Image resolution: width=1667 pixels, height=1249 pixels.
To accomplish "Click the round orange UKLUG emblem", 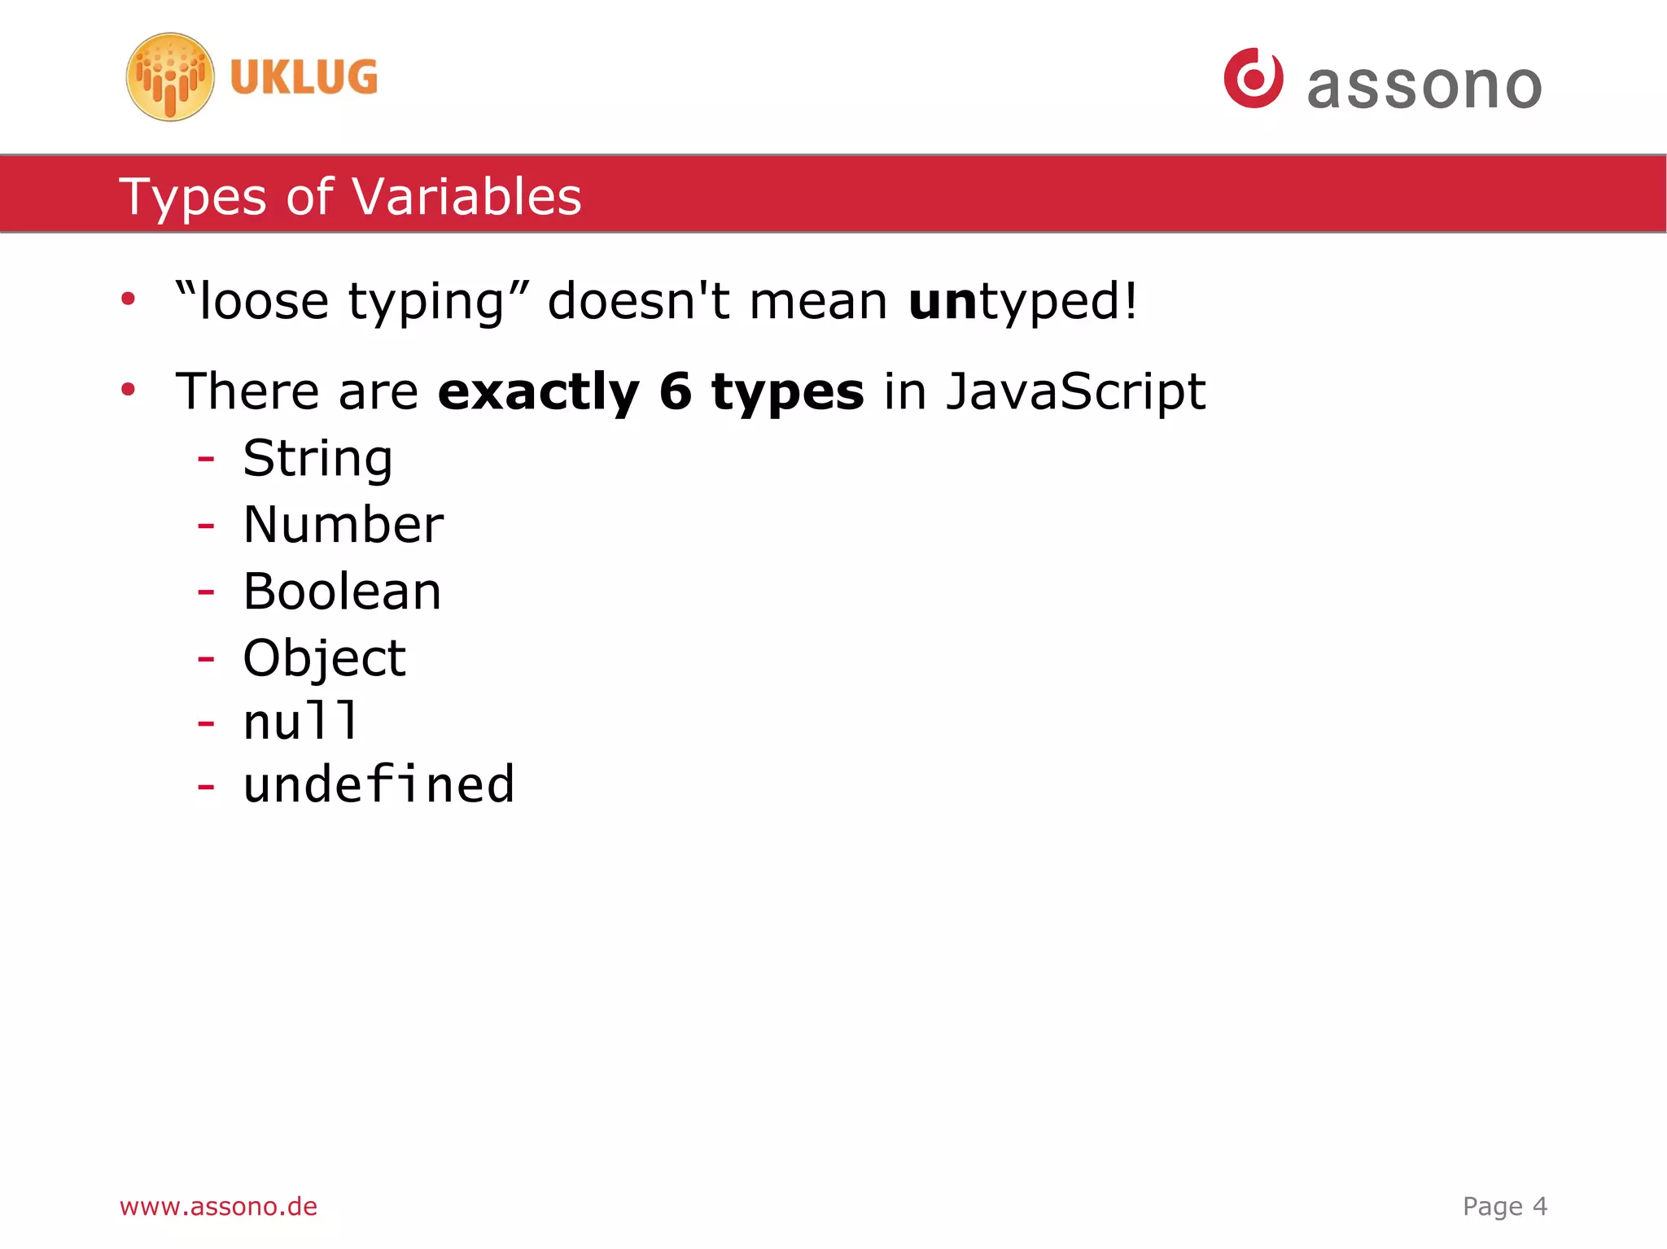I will [170, 77].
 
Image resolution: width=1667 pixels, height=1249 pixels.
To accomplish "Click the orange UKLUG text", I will [304, 77].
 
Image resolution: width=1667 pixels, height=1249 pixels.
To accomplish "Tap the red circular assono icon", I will [1254, 78].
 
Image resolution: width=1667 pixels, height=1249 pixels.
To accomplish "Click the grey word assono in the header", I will [1424, 86].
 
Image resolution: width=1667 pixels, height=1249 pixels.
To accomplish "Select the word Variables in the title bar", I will [466, 197].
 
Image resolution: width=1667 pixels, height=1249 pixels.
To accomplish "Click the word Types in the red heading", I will [193, 197].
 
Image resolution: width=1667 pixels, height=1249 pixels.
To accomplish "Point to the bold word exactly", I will [538, 391].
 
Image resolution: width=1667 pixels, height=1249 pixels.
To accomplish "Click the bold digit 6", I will [676, 391].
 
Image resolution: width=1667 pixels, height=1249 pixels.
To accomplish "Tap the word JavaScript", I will [1075, 391].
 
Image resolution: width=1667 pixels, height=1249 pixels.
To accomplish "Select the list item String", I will [317, 458].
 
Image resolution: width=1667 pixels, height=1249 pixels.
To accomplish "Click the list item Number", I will [343, 525].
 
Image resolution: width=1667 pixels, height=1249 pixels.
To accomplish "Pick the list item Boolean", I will [342, 592].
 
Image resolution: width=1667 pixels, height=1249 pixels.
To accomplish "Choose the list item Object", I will [324, 657].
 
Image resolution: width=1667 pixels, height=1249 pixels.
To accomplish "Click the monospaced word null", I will [300, 722].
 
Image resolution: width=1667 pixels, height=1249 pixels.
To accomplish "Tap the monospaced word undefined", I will [378, 785].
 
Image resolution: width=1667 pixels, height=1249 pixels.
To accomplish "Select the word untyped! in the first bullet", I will [1022, 301].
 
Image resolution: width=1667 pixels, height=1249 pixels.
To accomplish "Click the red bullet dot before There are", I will [128, 390].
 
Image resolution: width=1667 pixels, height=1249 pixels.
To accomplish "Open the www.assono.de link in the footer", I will [218, 1206].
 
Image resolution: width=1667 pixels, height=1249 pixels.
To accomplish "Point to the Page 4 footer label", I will [1504, 1206].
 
